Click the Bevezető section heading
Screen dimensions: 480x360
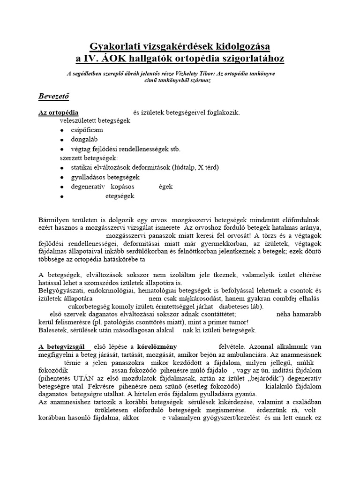[53, 97]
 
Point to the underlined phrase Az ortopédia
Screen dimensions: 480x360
[58, 112]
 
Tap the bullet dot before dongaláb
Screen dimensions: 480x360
[62, 140]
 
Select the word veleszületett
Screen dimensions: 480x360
[78, 120]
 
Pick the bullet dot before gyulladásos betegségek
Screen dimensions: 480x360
[62, 178]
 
